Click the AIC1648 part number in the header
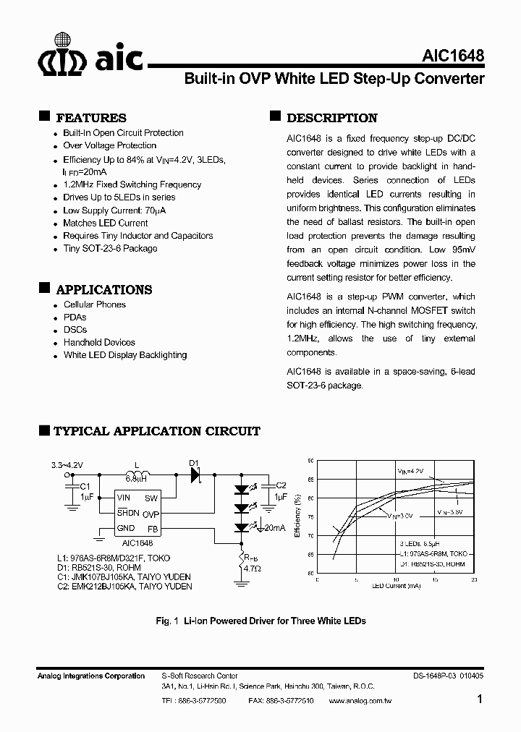click(453, 56)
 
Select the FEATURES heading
click(91, 118)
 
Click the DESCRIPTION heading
click(331, 118)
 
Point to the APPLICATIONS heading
click(104, 289)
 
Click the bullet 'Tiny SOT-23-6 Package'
click(110, 248)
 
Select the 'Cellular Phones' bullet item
click(95, 305)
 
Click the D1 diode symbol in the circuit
click(196, 475)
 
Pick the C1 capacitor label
click(84, 486)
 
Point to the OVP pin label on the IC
click(151, 514)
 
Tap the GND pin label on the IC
click(126, 529)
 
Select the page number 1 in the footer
click(480, 699)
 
